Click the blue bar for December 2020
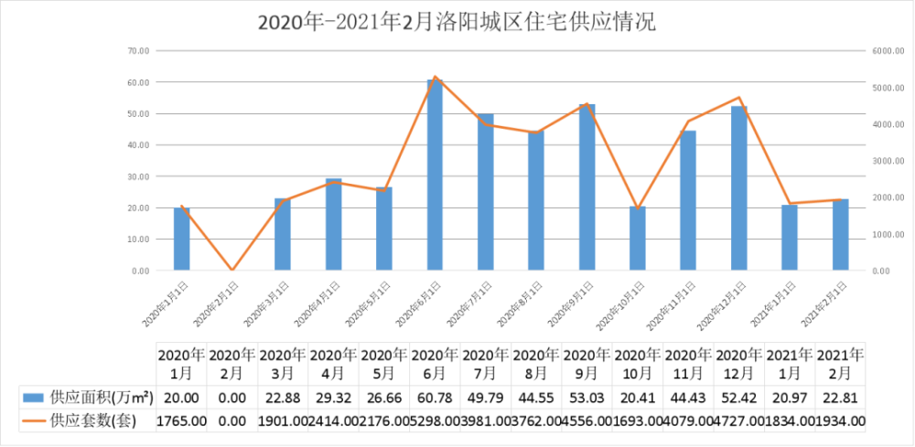coord(739,188)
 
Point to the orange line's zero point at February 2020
coord(232,270)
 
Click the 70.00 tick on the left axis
coord(139,51)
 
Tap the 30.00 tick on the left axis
coord(139,176)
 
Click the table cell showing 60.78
coord(435,397)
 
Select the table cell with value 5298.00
coord(435,420)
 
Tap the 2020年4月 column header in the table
coord(334,364)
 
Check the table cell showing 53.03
coord(587,397)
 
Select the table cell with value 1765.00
coord(182,420)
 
